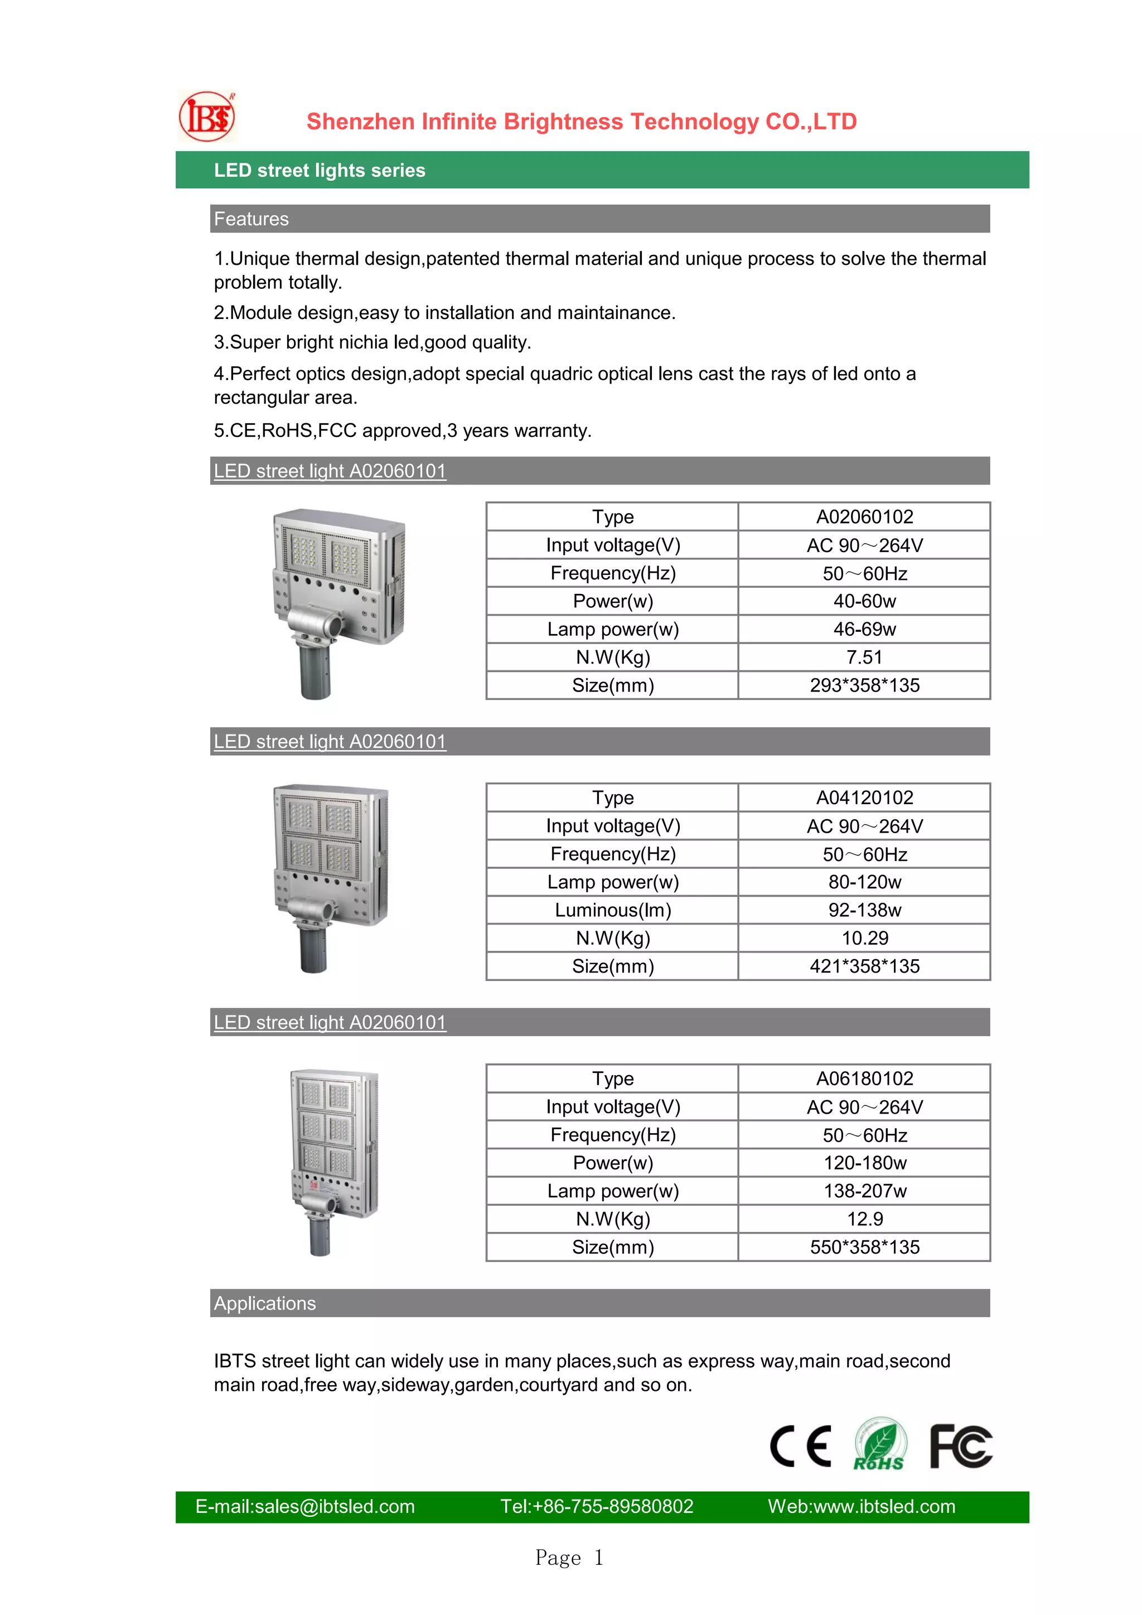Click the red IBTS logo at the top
207,117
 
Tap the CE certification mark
800,1447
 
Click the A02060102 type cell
864,517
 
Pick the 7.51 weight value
864,657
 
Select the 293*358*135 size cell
864,686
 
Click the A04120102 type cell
864,797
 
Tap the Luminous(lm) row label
612,910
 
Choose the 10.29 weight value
864,939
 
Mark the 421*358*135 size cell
864,966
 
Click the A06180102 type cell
864,1079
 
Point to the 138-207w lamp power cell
864,1191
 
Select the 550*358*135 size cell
864,1247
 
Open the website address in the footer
862,1507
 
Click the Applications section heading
265,1303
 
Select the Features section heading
251,219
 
